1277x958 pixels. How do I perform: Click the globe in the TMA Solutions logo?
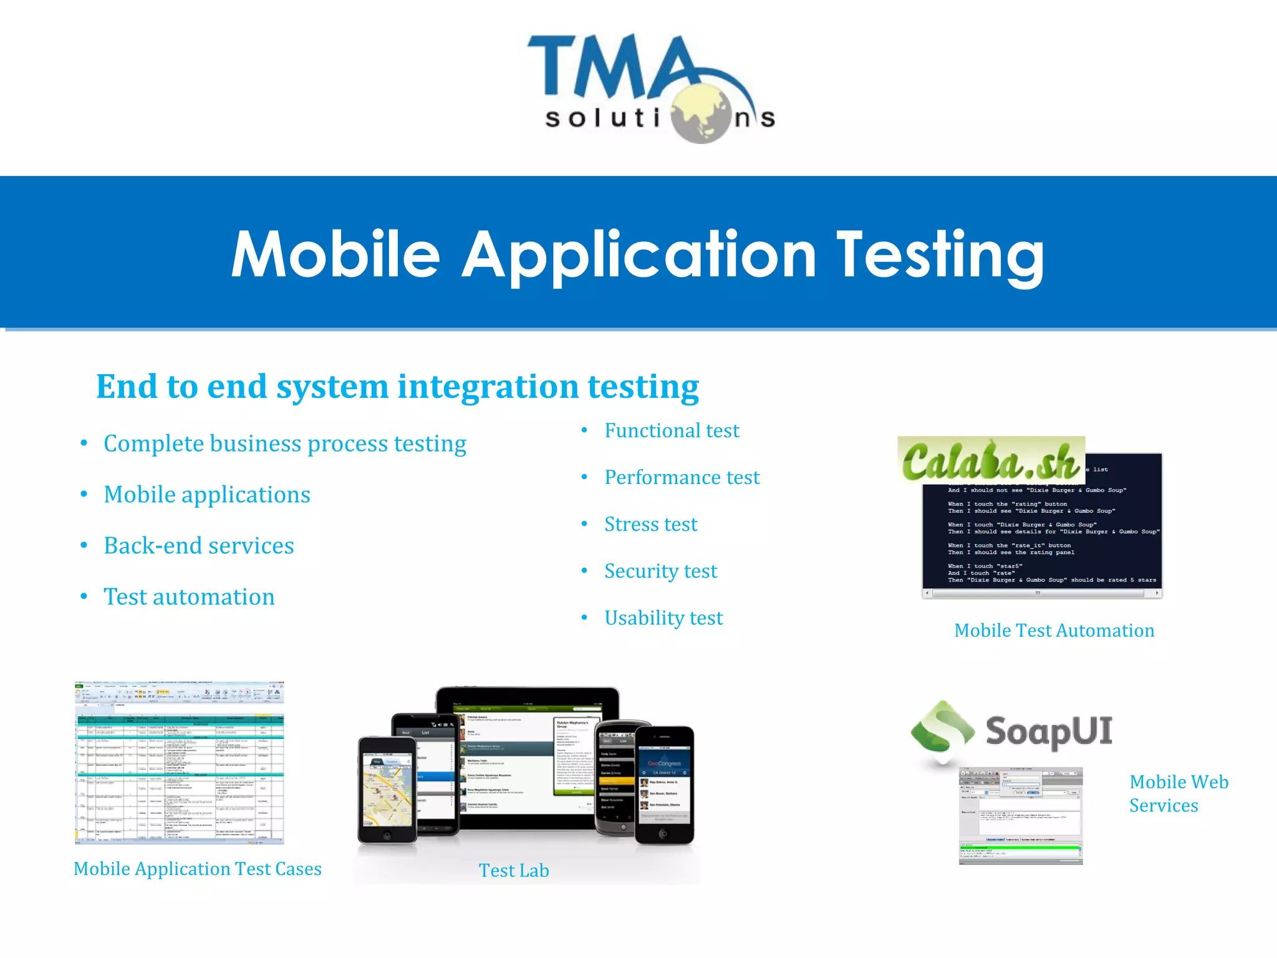703,114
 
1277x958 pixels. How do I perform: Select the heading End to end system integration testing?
397,387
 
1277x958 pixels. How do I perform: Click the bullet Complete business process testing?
284,443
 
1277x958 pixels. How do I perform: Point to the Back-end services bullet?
198,546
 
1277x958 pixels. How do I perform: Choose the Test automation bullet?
189,597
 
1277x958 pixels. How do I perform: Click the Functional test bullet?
672,430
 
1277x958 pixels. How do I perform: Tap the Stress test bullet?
650,524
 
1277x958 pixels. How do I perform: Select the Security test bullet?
660,571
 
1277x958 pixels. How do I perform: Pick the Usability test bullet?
663,617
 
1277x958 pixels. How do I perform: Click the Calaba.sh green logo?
990,460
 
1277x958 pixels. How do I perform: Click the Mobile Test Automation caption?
1054,631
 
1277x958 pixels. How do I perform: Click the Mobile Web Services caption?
1178,793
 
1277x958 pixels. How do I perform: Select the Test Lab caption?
514,871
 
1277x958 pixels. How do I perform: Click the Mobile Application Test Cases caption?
197,869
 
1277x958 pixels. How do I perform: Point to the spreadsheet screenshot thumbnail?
180,763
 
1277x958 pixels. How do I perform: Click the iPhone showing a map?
387,790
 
